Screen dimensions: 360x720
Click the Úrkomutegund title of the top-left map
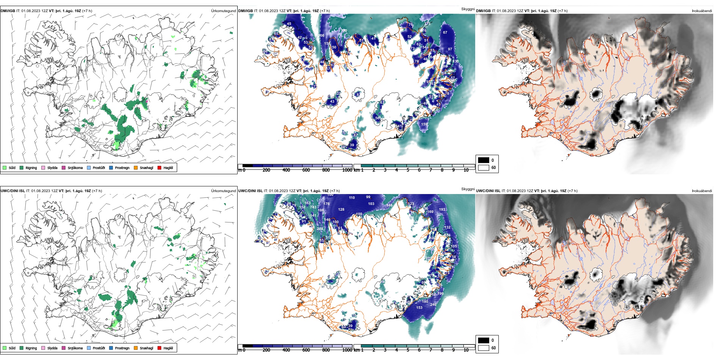point(223,11)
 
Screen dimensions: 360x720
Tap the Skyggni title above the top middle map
point(468,9)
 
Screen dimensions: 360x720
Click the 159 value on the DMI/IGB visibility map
point(424,124)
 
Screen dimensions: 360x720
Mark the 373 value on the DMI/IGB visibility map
point(427,24)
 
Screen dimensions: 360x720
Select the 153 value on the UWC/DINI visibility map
point(419,308)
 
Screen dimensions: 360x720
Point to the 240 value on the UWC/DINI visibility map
point(433,305)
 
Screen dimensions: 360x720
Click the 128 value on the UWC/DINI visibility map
point(341,210)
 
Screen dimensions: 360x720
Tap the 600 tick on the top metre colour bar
point(306,170)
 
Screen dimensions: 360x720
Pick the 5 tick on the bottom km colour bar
point(408,350)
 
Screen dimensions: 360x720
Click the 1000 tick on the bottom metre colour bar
point(347,350)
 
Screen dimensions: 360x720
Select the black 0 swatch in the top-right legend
point(484,160)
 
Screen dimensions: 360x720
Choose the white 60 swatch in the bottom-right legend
point(484,348)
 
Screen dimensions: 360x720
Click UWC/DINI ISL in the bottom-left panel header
point(13,191)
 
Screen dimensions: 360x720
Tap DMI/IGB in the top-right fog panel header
point(483,11)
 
